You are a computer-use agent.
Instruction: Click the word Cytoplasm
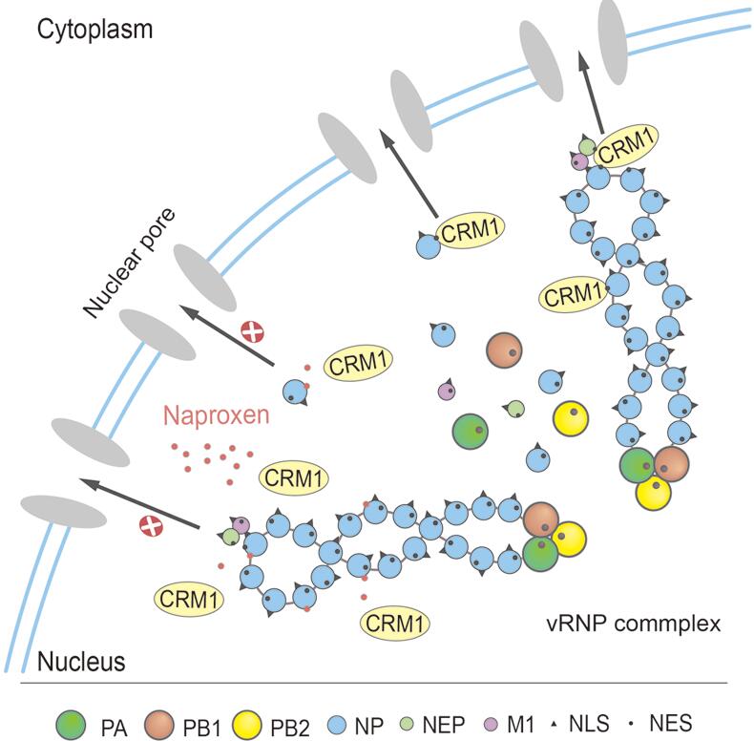pyautogui.click(x=94, y=28)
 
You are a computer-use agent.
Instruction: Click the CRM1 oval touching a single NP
pyautogui.click(x=470, y=229)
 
